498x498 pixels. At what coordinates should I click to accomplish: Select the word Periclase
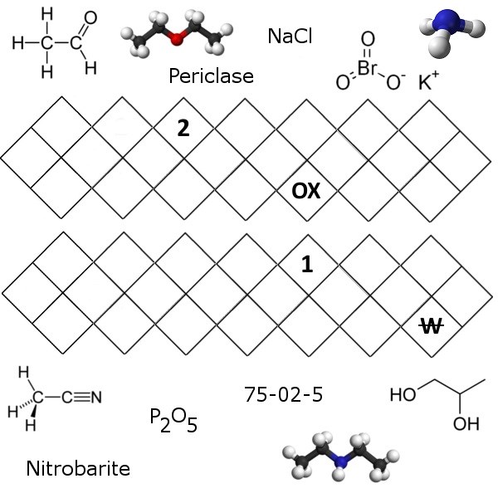click(x=211, y=77)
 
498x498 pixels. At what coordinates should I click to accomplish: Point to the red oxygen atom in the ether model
click(x=175, y=35)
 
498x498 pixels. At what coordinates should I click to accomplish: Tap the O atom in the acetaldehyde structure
click(x=90, y=16)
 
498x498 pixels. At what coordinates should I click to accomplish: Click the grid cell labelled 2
click(x=183, y=129)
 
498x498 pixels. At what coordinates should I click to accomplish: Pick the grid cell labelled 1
click(x=306, y=265)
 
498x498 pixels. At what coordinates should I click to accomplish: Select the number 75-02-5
click(x=283, y=393)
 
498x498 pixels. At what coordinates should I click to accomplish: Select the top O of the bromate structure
click(x=368, y=38)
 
